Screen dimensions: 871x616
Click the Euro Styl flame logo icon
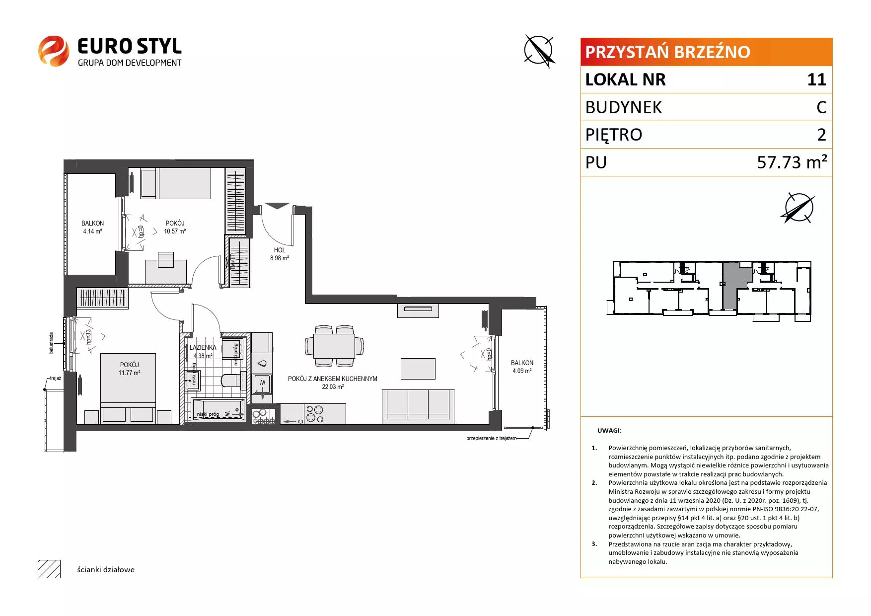[53, 51]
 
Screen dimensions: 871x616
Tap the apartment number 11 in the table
[816, 79]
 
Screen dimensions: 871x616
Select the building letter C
[821, 107]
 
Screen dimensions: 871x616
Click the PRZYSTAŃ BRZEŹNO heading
[667, 52]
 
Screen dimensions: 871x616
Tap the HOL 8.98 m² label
[280, 254]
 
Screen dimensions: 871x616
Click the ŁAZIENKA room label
[203, 348]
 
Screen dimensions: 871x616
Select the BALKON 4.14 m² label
[92, 228]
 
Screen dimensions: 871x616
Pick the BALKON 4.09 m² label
[522, 367]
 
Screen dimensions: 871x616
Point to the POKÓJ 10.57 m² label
[175, 228]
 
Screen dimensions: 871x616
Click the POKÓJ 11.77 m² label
[129, 369]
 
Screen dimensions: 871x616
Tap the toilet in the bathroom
[230, 380]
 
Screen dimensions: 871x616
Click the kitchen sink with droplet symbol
[262, 362]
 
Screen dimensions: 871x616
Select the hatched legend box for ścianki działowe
[49, 569]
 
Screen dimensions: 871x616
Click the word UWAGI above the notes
[609, 431]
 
